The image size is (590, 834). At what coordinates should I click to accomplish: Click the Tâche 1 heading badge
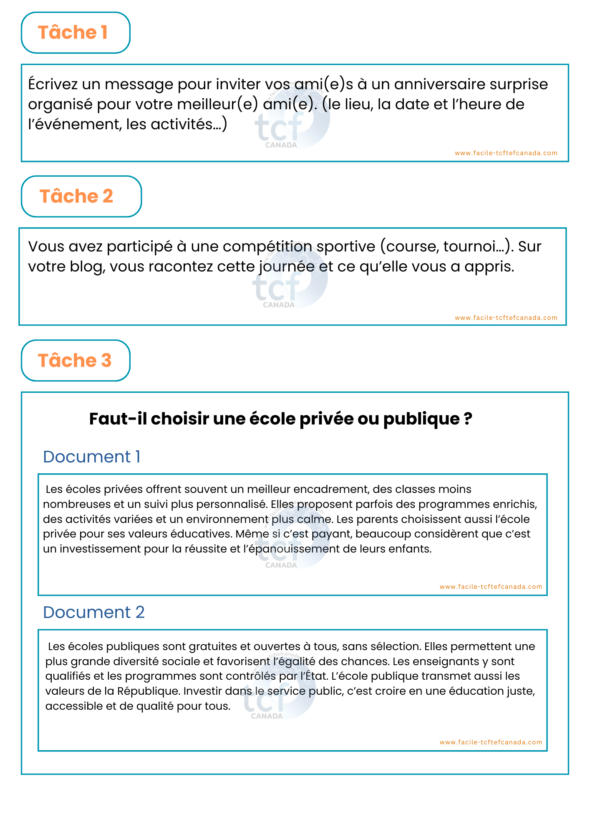tap(76, 33)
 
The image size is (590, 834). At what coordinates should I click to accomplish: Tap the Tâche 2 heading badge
tap(81, 196)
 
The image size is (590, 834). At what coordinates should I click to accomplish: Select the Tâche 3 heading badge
tap(76, 361)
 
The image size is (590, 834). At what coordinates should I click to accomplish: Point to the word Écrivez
tap(53, 84)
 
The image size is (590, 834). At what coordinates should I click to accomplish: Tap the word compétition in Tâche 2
tap(267, 247)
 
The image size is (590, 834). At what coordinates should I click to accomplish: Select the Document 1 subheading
tap(91, 457)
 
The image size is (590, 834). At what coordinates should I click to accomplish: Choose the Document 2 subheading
tap(93, 613)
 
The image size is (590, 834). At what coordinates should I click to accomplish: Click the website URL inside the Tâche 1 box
tap(506, 153)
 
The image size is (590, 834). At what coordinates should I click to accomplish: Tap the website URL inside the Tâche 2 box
tap(506, 318)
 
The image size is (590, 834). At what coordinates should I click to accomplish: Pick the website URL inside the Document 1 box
tap(491, 587)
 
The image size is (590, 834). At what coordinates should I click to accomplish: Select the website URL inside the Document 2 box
tap(491, 742)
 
